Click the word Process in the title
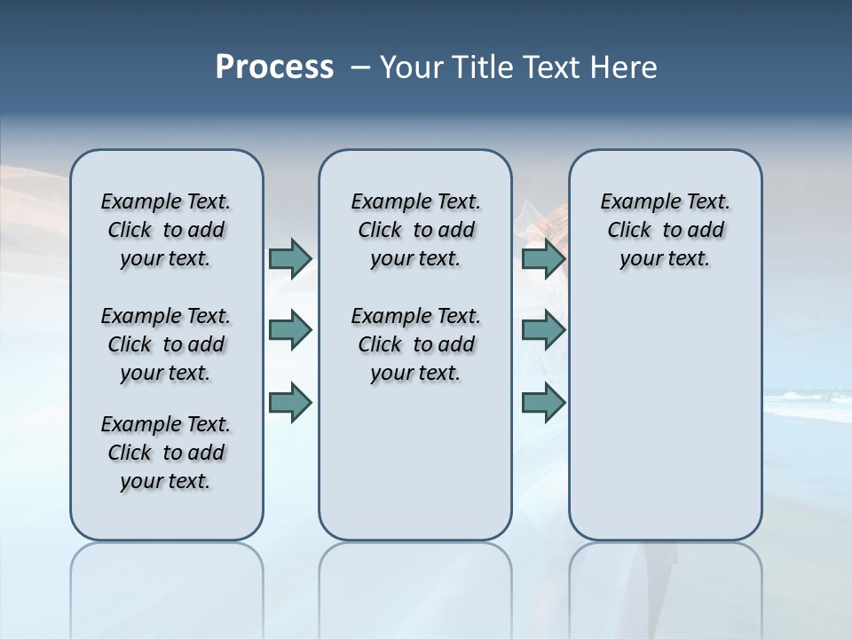coord(274,67)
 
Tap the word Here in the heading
coord(624,67)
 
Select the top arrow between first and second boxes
coord(289,258)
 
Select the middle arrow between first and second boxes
coord(289,330)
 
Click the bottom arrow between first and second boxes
coord(289,403)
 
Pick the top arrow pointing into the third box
coord(543,258)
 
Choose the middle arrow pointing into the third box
coord(543,330)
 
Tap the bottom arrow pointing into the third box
coord(543,403)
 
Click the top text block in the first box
coord(166,230)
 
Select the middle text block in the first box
coord(166,344)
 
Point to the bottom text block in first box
coord(166,453)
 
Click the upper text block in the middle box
coord(415,230)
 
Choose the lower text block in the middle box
coord(415,344)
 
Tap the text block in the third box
coord(666,230)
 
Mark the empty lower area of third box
coord(666,417)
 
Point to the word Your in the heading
coord(411,67)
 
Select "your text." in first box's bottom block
coord(166,481)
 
